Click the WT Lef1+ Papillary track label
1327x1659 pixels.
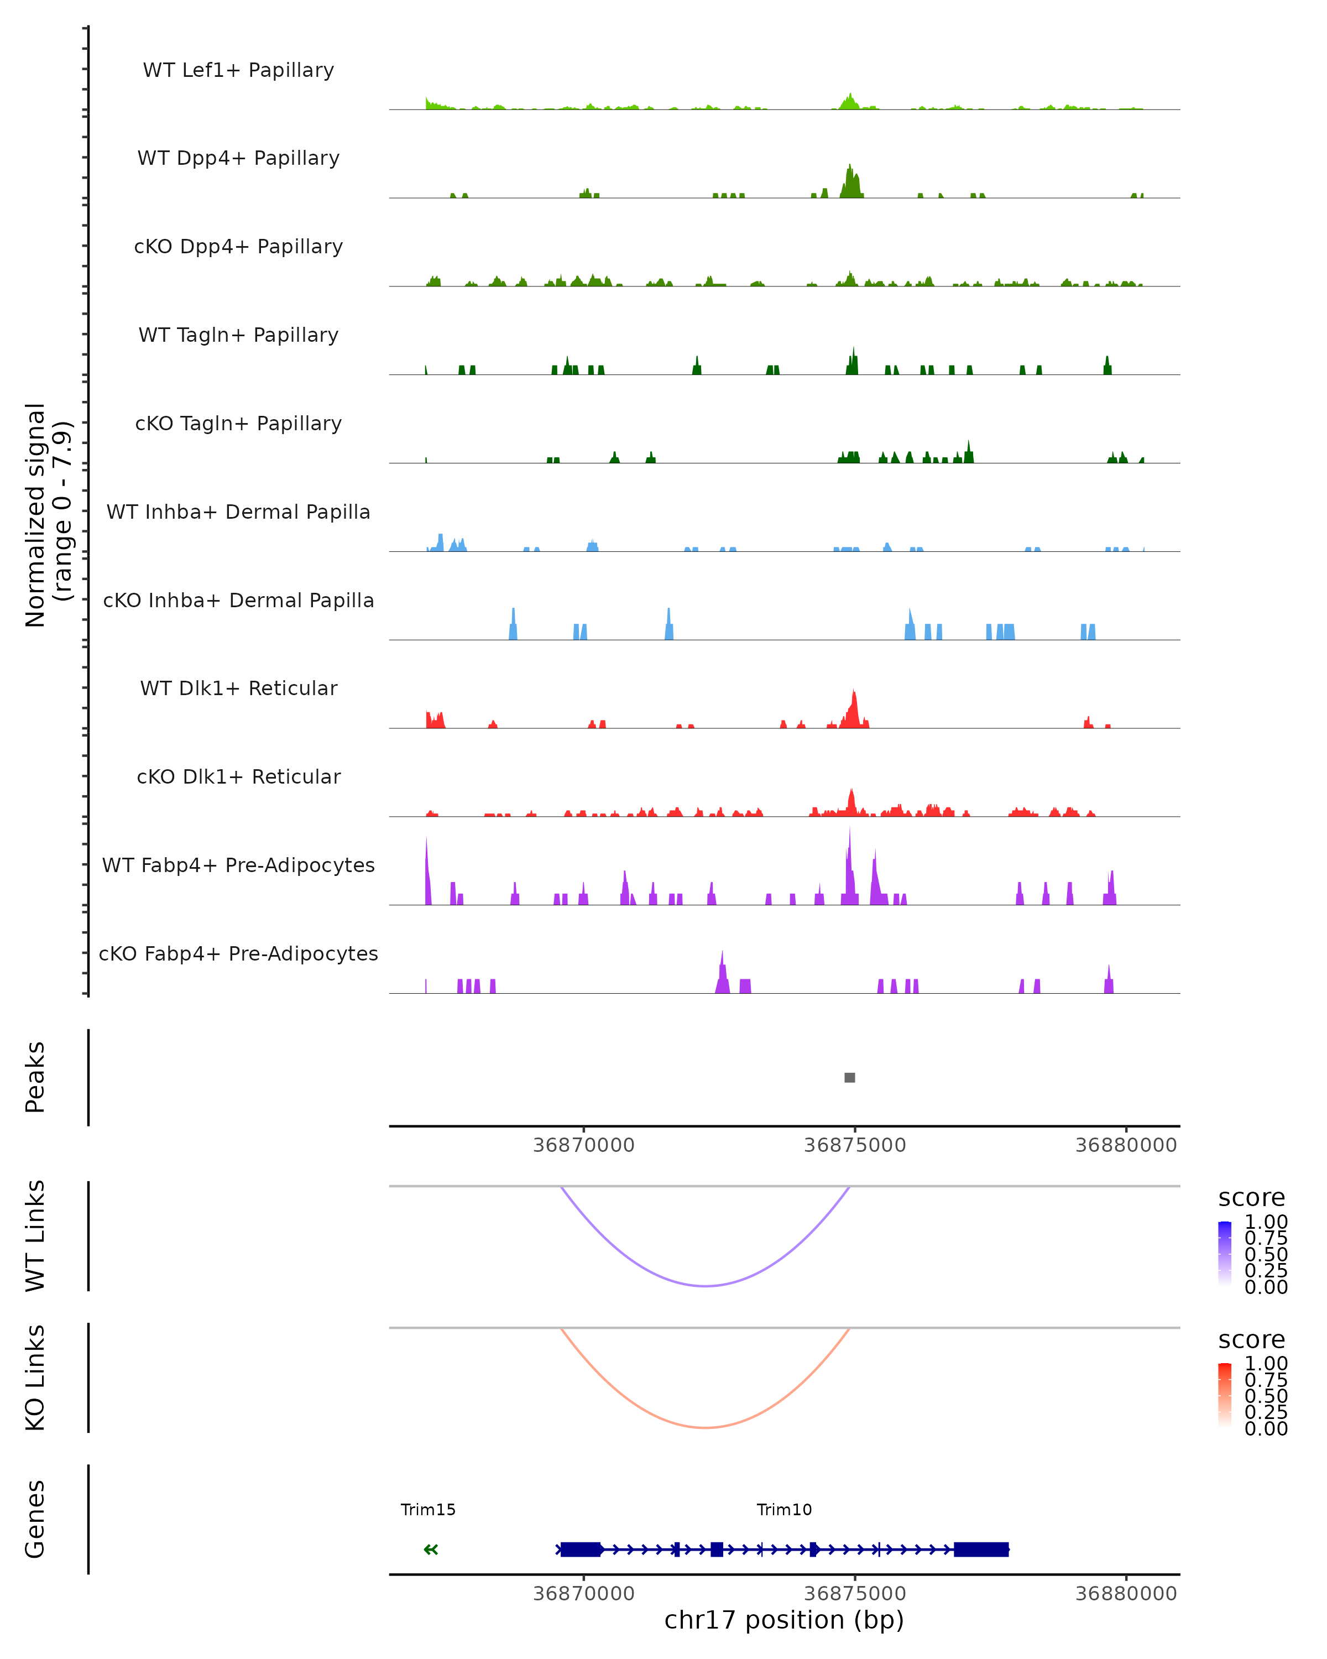(238, 70)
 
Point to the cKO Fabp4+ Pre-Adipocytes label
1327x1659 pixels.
(238, 953)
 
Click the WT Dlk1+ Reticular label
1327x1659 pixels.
(238, 688)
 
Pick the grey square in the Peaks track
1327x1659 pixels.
(849, 1077)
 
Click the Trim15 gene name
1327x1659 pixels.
(428, 1510)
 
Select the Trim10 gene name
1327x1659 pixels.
(784, 1510)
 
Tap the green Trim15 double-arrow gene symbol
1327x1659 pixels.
(431, 1550)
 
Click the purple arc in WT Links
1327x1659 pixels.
(706, 1286)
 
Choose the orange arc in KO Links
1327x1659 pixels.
(706, 1427)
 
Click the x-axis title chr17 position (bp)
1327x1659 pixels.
(784, 1620)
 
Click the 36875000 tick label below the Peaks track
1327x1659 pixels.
(855, 1145)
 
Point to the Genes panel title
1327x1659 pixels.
(35, 1519)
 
